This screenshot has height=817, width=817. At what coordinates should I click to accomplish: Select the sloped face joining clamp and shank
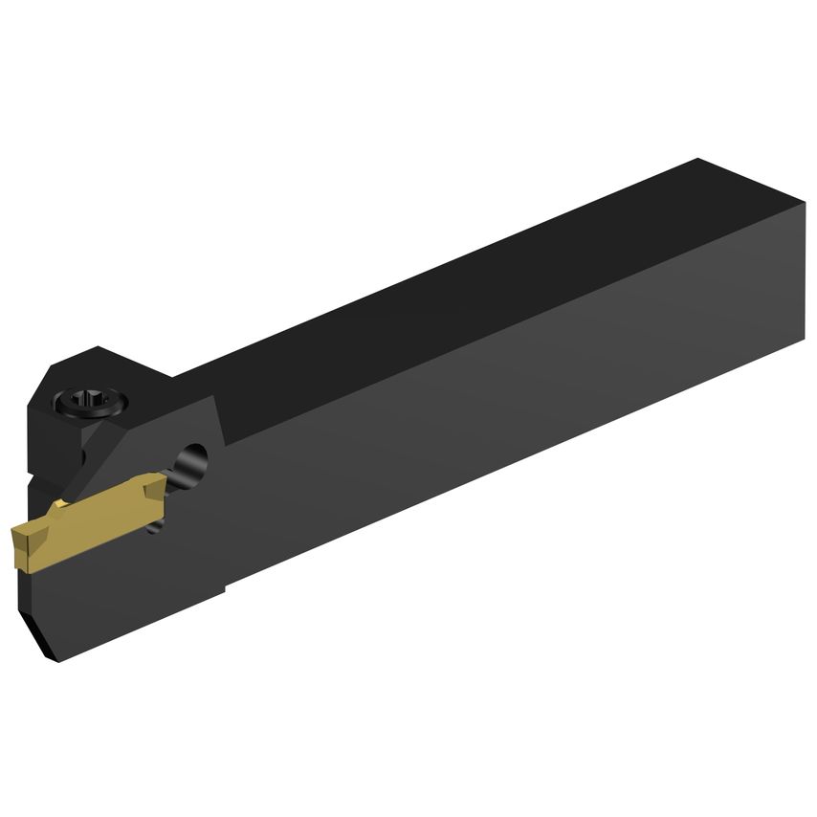tap(206, 383)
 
